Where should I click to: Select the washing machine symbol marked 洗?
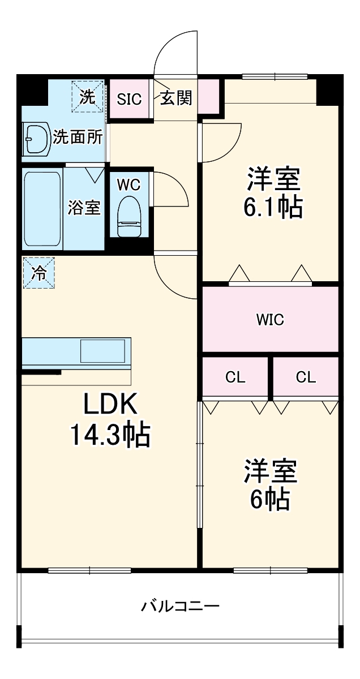[x=88, y=96]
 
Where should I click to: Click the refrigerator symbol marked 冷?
[x=39, y=273]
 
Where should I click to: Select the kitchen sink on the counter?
[x=102, y=351]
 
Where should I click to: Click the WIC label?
[x=270, y=320]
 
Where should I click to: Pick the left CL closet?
[x=235, y=377]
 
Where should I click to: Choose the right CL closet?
[x=306, y=377]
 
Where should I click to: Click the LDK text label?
[x=110, y=405]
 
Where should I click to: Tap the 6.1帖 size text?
[x=272, y=208]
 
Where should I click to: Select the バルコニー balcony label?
[x=180, y=607]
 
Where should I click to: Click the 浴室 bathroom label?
[x=84, y=208]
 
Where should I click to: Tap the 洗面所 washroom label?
[x=78, y=137]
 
